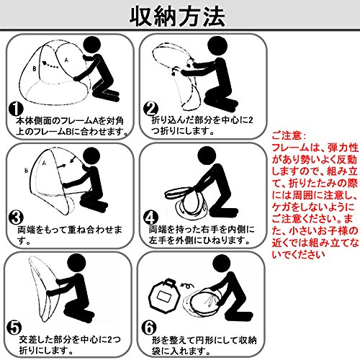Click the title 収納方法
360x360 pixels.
coord(177,17)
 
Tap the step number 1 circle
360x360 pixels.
coord(16,109)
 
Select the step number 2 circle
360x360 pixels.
coord(150,109)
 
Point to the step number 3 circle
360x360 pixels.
coord(16,218)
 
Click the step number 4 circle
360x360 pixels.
coord(150,218)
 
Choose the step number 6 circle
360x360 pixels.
coord(149,328)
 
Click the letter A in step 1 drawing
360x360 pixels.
coord(66,60)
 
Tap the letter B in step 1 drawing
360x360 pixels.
coord(35,69)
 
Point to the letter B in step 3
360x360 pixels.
coord(26,171)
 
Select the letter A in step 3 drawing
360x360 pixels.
coord(44,163)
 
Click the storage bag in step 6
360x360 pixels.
coord(164,294)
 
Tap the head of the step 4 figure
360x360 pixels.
coord(207,156)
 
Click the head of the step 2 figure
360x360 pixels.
coord(217,46)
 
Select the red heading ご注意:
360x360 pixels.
coord(289,136)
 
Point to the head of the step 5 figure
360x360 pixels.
coord(76,264)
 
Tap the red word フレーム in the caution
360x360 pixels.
coord(290,148)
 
